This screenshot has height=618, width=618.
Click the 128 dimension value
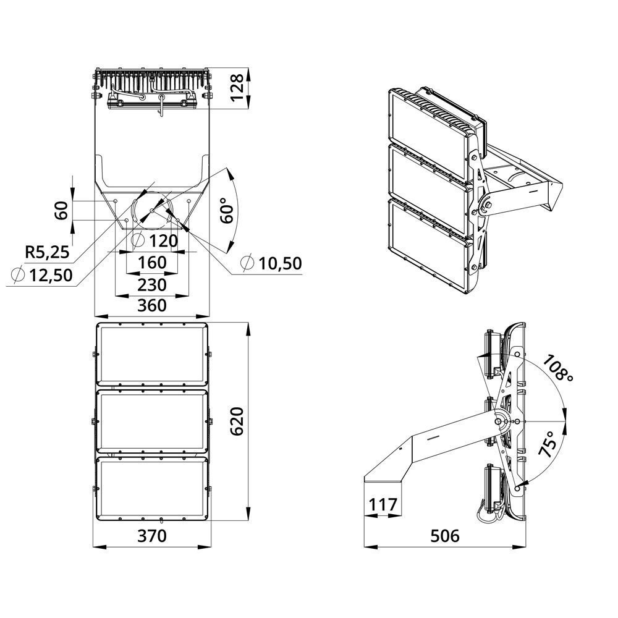pos(238,88)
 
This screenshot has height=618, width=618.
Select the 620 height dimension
pos(238,421)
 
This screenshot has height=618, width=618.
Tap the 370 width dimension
pos(152,536)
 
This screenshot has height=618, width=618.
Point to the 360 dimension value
pos(152,305)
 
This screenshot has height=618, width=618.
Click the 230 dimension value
pos(152,284)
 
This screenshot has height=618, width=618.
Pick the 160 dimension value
pos(152,263)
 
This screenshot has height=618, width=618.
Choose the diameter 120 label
pos(154,240)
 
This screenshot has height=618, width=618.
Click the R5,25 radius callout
pos(47,252)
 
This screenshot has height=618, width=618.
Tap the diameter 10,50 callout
pos(271,263)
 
